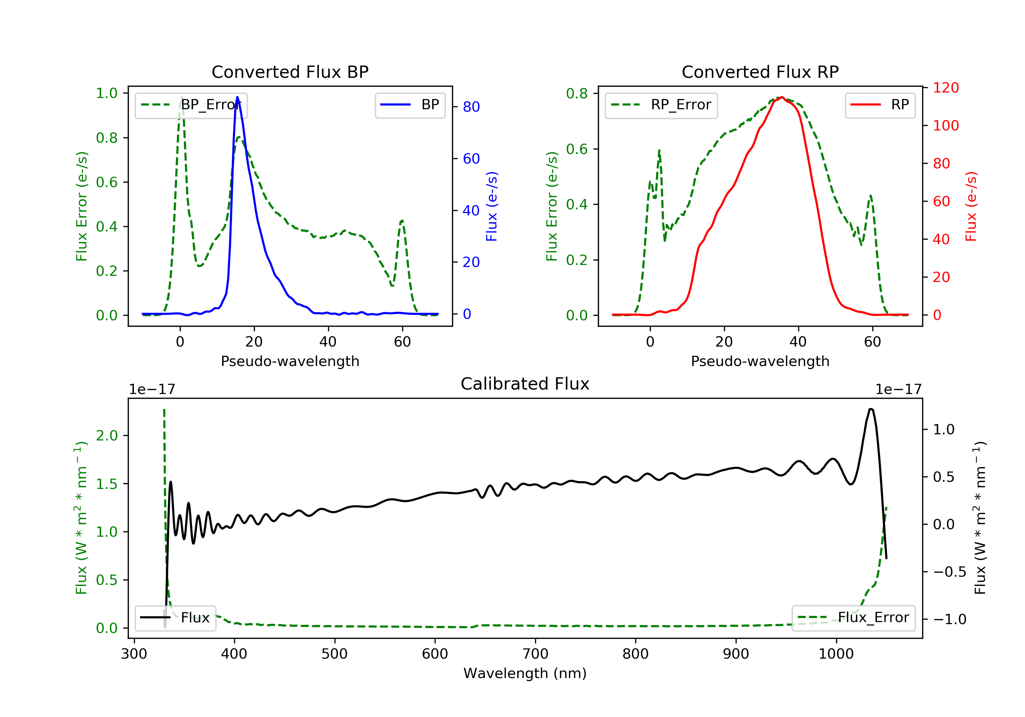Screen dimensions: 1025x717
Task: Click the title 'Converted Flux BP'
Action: click(290, 72)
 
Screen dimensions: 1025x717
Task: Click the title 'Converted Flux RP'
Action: click(760, 72)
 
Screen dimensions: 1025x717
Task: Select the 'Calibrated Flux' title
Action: click(525, 384)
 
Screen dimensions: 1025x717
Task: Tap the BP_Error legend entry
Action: click(191, 105)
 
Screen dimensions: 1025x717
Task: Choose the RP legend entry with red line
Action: click(880, 105)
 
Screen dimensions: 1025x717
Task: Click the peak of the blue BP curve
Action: click(237, 97)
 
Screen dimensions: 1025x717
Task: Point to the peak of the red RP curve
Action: click(781, 97)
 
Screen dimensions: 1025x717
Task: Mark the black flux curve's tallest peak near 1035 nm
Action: click(871, 409)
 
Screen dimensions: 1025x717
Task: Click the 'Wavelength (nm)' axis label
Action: click(525, 673)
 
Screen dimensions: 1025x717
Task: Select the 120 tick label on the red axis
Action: click(946, 87)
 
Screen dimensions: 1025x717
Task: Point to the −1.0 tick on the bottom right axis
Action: click(949, 619)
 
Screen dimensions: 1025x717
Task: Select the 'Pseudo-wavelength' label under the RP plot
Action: click(760, 361)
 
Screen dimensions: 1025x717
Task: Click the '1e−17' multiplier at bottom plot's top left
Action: click(152, 390)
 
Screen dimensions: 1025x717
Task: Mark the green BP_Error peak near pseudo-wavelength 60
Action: click(402, 221)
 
